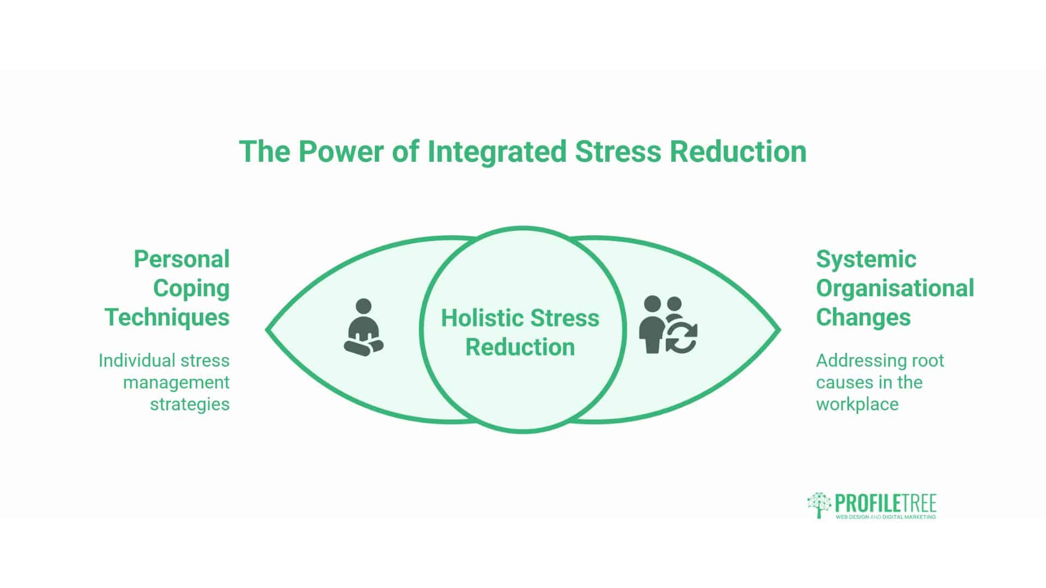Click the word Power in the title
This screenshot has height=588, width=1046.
(x=340, y=151)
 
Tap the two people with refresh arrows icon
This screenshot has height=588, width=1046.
(x=668, y=325)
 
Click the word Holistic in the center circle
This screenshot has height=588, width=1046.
(x=482, y=318)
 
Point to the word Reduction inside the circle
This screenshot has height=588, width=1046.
(x=520, y=347)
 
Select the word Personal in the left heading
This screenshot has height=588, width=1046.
(x=181, y=259)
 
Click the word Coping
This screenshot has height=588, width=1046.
(x=191, y=289)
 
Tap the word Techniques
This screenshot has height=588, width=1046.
(x=167, y=317)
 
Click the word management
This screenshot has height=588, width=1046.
(x=176, y=382)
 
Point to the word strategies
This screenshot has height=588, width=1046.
(x=190, y=404)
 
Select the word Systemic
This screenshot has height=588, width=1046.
(x=866, y=259)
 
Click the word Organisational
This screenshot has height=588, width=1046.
(x=895, y=289)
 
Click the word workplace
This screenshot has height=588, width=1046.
(x=857, y=404)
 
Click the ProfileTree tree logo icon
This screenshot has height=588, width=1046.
(x=819, y=505)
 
